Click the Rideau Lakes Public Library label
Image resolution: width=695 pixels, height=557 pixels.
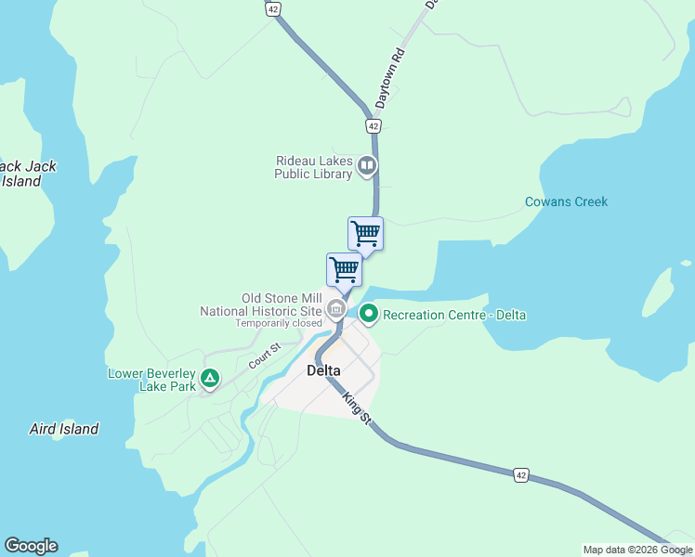coord(314,167)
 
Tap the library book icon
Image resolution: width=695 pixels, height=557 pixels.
coord(367,167)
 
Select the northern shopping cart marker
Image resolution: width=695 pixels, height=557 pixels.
coord(366,233)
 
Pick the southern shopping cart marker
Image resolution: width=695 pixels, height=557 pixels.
coord(345,269)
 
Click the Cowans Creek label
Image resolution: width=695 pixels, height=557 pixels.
coord(566,201)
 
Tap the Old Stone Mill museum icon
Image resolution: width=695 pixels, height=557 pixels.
coord(337,310)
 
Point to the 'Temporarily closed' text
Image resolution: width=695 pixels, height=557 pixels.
coord(278,323)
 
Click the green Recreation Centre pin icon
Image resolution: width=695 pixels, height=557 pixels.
coord(369,315)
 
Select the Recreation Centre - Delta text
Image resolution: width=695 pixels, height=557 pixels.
coord(454,315)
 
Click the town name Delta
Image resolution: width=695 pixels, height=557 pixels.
coord(323,370)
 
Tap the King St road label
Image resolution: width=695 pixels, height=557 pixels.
coord(356,409)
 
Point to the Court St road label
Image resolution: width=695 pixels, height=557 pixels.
coord(264,354)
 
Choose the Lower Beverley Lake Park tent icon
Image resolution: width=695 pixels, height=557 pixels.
coord(211,379)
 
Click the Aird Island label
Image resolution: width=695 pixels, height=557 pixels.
coord(64,429)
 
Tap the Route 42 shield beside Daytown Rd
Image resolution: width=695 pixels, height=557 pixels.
coord(373,125)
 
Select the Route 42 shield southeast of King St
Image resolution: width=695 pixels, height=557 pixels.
coord(521,474)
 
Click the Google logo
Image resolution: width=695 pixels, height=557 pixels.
coord(31,546)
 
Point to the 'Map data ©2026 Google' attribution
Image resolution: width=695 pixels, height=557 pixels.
coord(637,550)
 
